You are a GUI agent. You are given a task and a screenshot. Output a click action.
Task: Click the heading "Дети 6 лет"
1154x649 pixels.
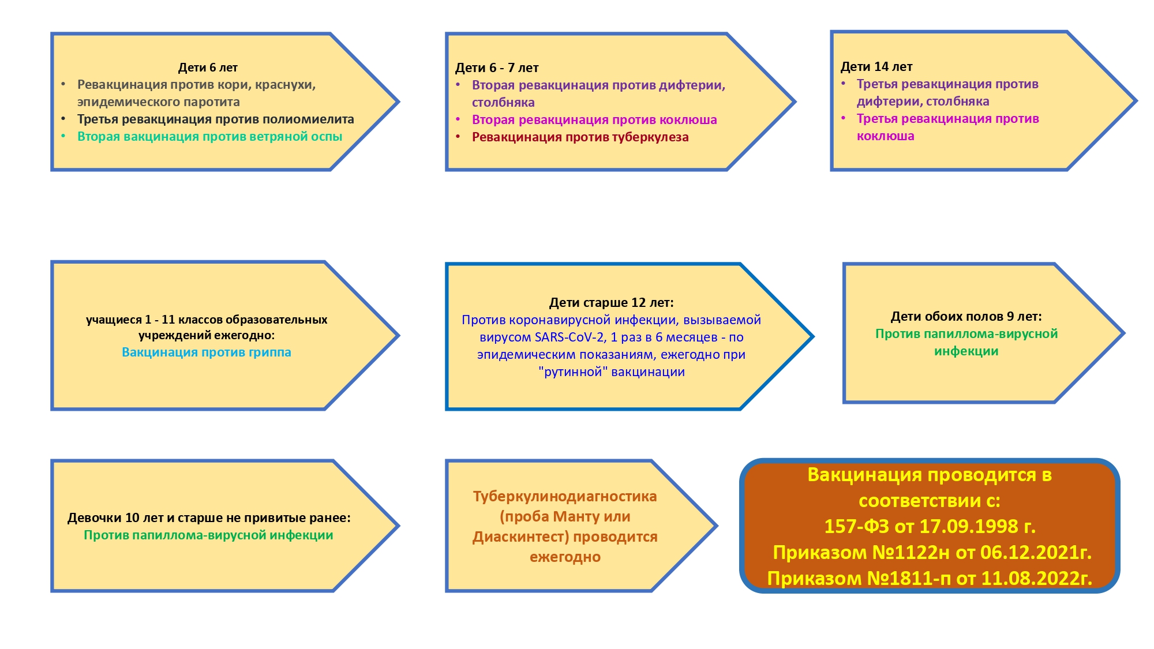(x=208, y=67)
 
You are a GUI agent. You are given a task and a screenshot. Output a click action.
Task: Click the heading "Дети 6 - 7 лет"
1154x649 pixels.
(x=497, y=68)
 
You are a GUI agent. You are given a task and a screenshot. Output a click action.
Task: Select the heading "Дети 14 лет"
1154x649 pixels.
(x=876, y=67)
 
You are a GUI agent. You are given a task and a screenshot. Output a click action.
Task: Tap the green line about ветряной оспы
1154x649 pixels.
(x=209, y=137)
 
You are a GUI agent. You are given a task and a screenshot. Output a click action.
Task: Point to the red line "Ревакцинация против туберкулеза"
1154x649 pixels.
(x=580, y=137)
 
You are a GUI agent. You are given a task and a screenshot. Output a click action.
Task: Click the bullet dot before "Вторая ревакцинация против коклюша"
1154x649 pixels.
(x=458, y=119)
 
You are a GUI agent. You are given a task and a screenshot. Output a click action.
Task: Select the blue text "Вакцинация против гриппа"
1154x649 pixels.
(x=206, y=352)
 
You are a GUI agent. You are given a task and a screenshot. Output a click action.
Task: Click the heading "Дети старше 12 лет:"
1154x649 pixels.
(x=611, y=302)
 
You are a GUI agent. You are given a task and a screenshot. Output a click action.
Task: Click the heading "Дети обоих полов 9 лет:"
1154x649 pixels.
(x=966, y=317)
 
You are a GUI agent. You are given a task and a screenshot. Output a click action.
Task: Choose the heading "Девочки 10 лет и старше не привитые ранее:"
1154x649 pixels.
(x=209, y=518)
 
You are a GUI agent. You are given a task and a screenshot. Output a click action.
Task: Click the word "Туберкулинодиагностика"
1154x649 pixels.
(x=565, y=497)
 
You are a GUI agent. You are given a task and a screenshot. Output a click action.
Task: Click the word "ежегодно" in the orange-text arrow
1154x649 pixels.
(x=565, y=557)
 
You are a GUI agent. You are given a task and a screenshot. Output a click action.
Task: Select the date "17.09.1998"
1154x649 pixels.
(x=969, y=527)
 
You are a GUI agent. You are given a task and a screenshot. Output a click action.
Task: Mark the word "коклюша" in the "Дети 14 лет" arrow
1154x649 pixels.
(x=885, y=137)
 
